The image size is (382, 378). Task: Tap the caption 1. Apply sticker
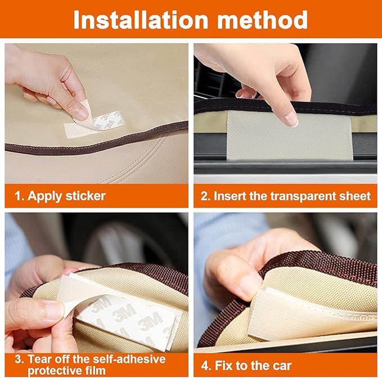(59, 196)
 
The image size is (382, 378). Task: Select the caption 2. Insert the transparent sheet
(285, 196)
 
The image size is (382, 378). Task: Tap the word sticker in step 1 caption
(85, 196)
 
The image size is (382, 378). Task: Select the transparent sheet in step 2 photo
(289, 136)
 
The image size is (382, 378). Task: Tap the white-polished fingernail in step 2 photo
(290, 118)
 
